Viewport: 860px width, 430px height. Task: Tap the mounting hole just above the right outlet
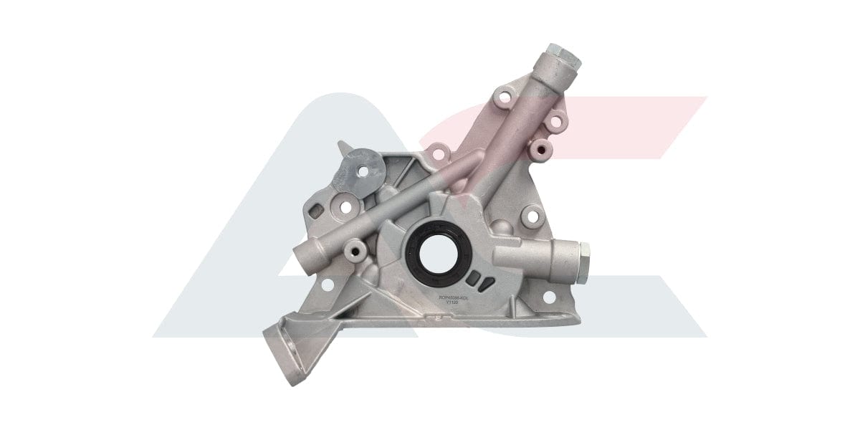(x=531, y=214)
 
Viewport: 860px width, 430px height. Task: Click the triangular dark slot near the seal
(x=487, y=286)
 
